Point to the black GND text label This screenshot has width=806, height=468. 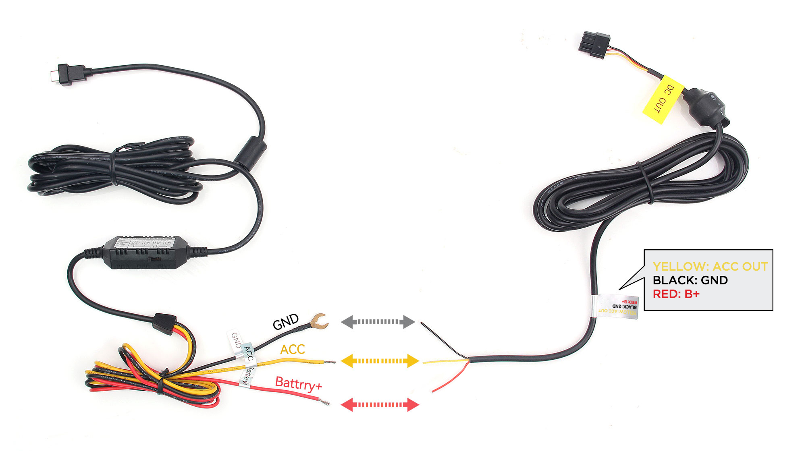(285, 322)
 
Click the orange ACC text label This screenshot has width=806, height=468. (293, 350)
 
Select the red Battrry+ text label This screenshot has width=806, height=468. (298, 384)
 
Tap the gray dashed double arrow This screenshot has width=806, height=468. (378, 322)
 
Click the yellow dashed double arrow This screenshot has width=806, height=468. (380, 361)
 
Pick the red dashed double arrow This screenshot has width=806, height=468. (380, 404)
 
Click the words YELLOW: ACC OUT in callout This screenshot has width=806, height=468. (710, 267)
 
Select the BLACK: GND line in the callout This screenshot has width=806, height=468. (690, 280)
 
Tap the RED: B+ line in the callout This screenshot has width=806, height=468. (676, 294)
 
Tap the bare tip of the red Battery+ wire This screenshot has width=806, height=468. (324, 402)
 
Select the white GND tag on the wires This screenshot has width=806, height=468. (235, 340)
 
